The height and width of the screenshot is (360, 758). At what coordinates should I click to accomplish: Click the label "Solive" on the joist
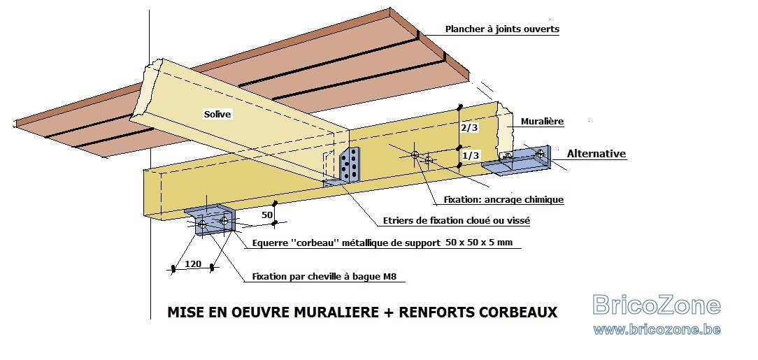click(217, 115)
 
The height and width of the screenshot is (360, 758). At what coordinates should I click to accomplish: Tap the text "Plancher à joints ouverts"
click(502, 29)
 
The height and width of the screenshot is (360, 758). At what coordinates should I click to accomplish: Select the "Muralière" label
click(542, 122)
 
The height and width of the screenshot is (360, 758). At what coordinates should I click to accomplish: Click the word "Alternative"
click(596, 154)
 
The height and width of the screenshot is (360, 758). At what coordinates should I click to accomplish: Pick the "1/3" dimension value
click(471, 155)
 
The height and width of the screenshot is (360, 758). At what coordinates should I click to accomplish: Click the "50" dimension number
click(267, 215)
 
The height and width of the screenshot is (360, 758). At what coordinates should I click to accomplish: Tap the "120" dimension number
click(193, 264)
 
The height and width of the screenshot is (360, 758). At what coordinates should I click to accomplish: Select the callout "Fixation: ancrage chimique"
click(503, 199)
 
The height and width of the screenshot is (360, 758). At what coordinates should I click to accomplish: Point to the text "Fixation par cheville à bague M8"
click(328, 278)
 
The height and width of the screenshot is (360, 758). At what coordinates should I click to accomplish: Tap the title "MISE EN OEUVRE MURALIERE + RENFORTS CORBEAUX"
click(362, 312)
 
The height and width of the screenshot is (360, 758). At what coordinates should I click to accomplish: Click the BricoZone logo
click(657, 305)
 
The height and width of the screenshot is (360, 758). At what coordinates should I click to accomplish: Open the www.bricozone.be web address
click(657, 330)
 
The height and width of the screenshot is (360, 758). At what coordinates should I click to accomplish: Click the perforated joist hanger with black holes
click(350, 165)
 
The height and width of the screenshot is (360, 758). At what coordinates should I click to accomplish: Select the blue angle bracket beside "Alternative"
click(517, 160)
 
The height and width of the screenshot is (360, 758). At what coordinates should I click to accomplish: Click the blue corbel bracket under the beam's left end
click(210, 219)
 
